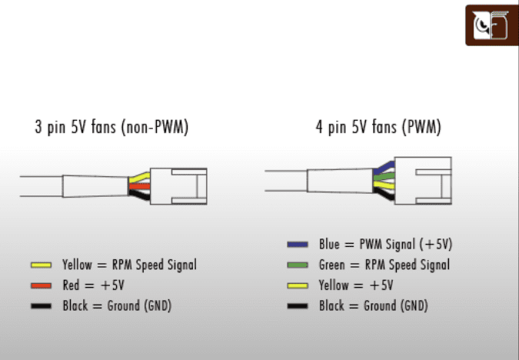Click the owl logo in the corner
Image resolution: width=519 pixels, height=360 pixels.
(491, 25)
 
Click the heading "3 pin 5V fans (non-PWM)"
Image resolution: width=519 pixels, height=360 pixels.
(111, 127)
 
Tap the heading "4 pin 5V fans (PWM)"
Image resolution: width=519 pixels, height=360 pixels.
(378, 127)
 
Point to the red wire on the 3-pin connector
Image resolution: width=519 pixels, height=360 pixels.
(139, 186)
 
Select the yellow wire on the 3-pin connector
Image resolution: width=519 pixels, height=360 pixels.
(139, 178)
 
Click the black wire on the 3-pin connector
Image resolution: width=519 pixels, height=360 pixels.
(139, 195)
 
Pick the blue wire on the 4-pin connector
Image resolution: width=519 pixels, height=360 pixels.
(384, 168)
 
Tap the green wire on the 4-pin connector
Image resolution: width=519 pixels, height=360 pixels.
(384, 177)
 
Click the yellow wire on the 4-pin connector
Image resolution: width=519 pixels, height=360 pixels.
(384, 185)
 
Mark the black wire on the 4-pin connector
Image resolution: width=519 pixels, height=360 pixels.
(384, 193)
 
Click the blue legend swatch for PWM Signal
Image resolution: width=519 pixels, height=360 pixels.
(298, 245)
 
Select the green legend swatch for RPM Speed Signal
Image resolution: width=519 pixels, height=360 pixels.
(298, 265)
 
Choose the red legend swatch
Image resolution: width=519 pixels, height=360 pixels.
(41, 285)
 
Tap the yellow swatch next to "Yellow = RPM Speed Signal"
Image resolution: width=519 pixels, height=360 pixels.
(41, 265)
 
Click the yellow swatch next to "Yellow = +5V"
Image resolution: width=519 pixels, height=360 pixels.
(298, 285)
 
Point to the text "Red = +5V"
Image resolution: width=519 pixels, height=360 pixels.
(93, 285)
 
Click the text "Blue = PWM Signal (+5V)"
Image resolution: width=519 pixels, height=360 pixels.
(386, 245)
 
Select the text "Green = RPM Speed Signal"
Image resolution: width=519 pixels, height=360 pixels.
(384, 265)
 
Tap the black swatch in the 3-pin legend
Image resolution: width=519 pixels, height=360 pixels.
(41, 306)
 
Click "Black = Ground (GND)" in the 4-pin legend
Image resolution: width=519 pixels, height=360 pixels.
(374, 305)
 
